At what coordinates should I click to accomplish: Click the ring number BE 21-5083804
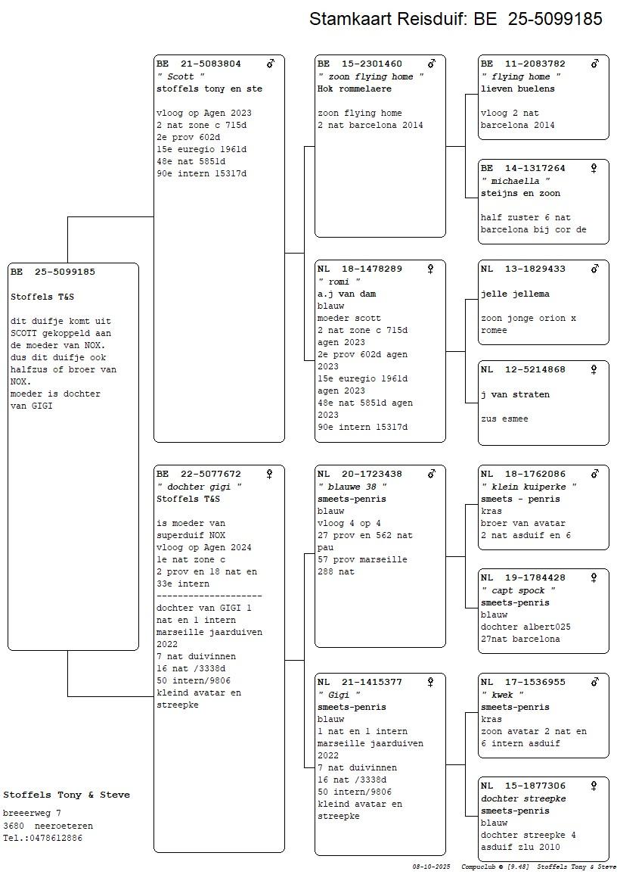[199, 64]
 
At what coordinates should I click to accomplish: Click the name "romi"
[339, 282]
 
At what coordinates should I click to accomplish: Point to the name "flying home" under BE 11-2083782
[521, 76]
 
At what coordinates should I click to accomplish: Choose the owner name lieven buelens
[518, 89]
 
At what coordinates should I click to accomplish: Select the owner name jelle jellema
[515, 294]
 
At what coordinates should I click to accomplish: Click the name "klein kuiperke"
[529, 487]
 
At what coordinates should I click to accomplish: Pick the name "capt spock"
[518, 590]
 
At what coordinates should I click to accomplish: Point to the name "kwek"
[502, 695]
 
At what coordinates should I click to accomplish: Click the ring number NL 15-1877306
[523, 786]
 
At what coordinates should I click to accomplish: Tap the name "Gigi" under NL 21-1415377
[339, 695]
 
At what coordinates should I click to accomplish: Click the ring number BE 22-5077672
[199, 475]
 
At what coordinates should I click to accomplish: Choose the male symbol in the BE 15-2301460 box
[432, 64]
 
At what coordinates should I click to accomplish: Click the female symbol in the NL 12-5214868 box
[594, 369]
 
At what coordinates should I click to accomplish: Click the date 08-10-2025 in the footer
[431, 867]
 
